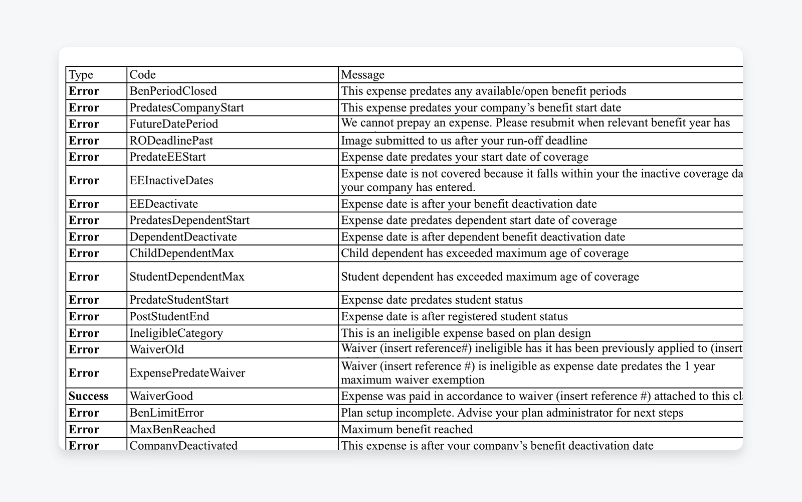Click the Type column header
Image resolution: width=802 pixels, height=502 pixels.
pyautogui.click(x=81, y=75)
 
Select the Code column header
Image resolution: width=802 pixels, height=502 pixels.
pyautogui.click(x=143, y=75)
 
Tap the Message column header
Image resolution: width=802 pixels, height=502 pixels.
pyautogui.click(x=363, y=75)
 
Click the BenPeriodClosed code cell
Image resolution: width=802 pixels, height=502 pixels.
pyautogui.click(x=173, y=91)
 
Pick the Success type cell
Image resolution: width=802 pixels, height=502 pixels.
pyautogui.click(x=89, y=396)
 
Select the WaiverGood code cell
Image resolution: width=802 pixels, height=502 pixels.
pyautogui.click(x=161, y=396)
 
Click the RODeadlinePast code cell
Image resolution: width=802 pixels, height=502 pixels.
pyautogui.click(x=171, y=141)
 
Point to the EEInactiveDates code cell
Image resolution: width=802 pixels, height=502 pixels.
pyautogui.click(x=171, y=181)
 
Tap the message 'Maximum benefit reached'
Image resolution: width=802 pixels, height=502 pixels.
pyautogui.click(x=407, y=429)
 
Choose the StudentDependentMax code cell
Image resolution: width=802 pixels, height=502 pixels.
pyautogui.click(x=187, y=277)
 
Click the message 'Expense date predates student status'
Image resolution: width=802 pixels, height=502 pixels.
pyautogui.click(x=432, y=300)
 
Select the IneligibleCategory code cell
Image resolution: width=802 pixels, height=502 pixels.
pyautogui.click(x=176, y=333)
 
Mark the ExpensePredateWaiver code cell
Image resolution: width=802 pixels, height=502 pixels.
pyautogui.click(x=187, y=373)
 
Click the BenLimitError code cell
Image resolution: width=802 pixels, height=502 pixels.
pyautogui.click(x=167, y=413)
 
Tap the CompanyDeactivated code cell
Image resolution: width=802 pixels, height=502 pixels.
pyautogui.click(x=183, y=445)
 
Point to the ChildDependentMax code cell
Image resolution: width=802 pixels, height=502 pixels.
pyautogui.click(x=182, y=253)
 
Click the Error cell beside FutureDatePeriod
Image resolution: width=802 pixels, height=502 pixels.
pyautogui.click(x=84, y=124)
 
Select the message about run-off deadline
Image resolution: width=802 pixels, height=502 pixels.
pyautogui.click(x=464, y=141)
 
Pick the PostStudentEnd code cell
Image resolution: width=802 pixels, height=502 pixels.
pyautogui.click(x=169, y=317)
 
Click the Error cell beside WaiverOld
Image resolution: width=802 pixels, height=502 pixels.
pyautogui.click(x=84, y=349)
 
